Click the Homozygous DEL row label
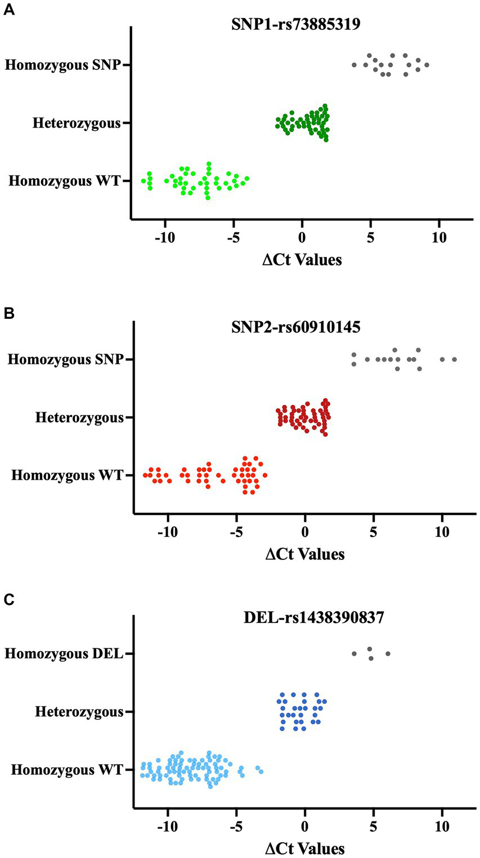(x=64, y=654)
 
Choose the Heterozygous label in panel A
(x=77, y=123)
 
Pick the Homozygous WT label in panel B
(x=67, y=476)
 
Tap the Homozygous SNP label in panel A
(x=63, y=65)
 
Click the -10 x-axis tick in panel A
(x=165, y=237)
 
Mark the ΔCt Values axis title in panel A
(x=302, y=260)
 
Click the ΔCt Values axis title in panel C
(x=304, y=848)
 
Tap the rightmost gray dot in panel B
(x=454, y=359)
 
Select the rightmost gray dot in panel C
(x=388, y=654)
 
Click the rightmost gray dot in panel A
(x=427, y=65)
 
